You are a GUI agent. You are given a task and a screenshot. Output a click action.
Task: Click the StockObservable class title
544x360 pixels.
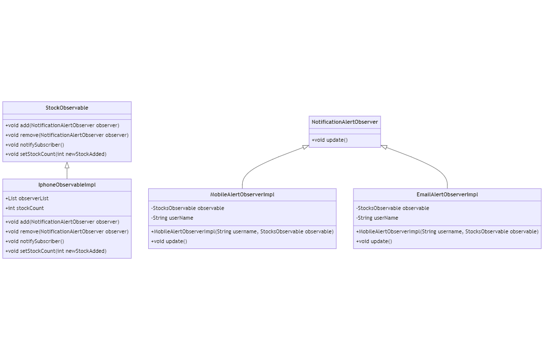coord(67,108)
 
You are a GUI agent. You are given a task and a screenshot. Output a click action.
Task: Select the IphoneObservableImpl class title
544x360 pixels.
coord(67,185)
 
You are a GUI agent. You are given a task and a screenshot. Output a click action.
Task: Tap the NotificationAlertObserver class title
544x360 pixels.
coord(345,122)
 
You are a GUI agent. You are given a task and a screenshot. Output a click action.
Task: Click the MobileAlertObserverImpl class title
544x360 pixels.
coord(242,194)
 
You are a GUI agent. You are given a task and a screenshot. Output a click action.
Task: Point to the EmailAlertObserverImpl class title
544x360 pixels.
coord(447,194)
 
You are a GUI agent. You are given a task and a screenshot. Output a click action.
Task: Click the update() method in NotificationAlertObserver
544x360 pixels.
coord(330,140)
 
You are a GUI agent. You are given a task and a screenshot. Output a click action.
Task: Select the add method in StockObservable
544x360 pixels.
coord(62,125)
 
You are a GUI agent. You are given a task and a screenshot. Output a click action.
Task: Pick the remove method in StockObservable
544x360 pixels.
coord(67,135)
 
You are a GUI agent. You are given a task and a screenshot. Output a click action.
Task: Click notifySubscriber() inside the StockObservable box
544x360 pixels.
coord(35,145)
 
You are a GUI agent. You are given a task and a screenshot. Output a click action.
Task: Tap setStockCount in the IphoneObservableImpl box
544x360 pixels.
coord(56,251)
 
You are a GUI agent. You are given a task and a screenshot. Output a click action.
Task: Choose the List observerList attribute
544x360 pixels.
coord(27,198)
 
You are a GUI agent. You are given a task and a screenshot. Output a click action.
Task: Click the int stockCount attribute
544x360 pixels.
coord(24,208)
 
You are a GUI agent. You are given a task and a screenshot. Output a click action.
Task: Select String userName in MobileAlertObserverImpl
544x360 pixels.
coord(172,218)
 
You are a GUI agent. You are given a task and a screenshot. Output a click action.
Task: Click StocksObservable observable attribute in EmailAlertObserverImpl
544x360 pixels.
coord(392,208)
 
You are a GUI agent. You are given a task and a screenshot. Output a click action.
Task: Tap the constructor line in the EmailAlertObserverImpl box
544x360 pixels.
coord(447,231)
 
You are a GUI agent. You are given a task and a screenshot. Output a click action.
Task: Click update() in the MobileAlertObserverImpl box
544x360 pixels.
coord(169,241)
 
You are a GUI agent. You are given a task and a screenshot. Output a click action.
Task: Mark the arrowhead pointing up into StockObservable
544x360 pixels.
coord(67,165)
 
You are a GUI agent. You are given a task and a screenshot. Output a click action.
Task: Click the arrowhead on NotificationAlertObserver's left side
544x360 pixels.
coord(306,147)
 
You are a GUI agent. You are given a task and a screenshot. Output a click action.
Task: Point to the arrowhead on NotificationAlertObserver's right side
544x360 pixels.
coord(384,147)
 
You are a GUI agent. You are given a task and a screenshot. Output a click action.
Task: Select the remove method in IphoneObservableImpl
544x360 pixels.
coord(67,231)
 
